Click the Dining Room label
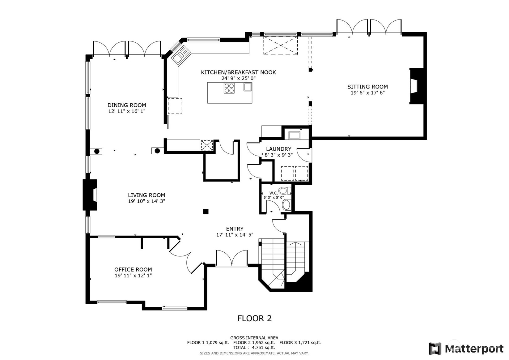point(127,105)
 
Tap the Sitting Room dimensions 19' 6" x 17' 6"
point(367,93)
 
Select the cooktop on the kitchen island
point(229,88)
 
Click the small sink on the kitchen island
point(248,87)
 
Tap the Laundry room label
point(278,149)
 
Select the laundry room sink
point(294,135)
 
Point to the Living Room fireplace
point(90,195)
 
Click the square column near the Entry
point(206,212)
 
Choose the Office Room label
point(133,269)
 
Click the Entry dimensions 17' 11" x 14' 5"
point(235,235)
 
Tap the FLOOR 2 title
point(255,318)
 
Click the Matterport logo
point(466,349)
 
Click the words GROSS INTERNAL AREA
point(254,338)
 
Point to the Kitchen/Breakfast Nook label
point(238,72)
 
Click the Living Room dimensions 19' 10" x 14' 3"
point(146,201)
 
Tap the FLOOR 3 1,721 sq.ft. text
point(300,343)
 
